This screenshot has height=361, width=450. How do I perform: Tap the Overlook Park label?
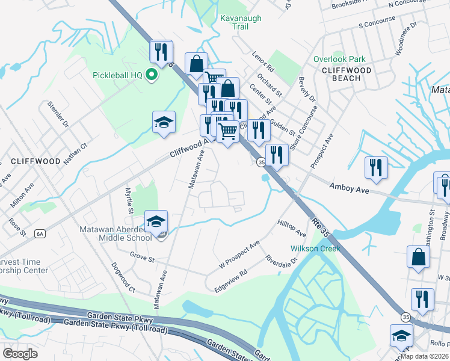click(x=339, y=60)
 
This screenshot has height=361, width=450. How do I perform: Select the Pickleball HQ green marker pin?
click(x=152, y=75)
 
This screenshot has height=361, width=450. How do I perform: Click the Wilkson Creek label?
click(x=315, y=248)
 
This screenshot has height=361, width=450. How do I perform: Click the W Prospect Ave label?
click(x=239, y=255)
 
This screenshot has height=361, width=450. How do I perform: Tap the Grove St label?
click(x=143, y=258)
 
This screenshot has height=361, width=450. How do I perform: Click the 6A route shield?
click(x=40, y=233)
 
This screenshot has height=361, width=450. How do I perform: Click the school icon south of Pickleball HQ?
click(x=164, y=122)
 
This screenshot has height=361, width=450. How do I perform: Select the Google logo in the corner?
click(x=20, y=354)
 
